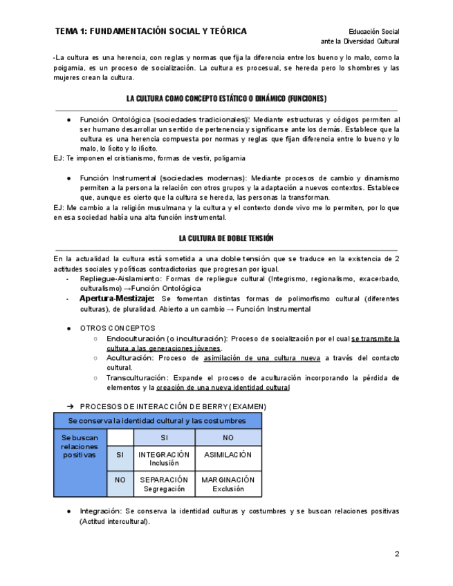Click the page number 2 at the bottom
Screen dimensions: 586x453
(397, 554)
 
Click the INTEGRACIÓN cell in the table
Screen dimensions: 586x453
(164, 458)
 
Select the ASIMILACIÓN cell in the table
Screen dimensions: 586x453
(228, 455)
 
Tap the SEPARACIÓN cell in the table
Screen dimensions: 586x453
(164, 483)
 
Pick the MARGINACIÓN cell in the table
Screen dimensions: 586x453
(228, 483)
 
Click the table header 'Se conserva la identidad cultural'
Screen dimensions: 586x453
(157, 420)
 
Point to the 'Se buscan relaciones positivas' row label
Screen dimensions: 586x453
(80, 446)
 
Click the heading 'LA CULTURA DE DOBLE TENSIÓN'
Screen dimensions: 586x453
(226, 238)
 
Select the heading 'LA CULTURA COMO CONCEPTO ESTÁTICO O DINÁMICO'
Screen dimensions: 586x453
(226, 99)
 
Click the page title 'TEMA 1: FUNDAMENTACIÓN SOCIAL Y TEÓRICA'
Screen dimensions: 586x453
(151, 31)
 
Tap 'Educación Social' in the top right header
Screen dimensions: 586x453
(373, 32)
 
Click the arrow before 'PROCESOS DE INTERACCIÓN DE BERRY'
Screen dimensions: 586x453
(70, 406)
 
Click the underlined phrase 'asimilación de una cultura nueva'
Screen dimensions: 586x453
(262, 358)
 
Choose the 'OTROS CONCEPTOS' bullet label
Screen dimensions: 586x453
(118, 328)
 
